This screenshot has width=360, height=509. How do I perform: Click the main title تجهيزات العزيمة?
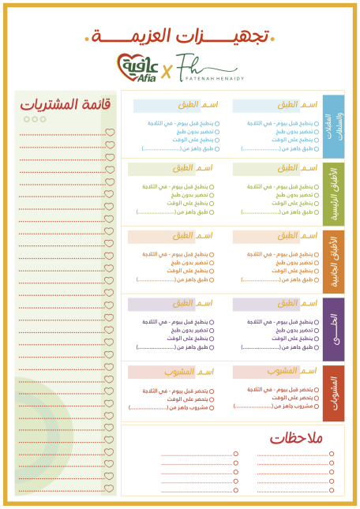(x=180, y=36)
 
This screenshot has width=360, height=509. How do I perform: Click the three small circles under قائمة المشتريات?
(x=35, y=119)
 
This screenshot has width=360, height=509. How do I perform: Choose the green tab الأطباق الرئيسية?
(x=334, y=192)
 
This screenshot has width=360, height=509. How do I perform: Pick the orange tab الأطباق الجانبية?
(x=334, y=260)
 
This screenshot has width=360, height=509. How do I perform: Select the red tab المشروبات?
(x=334, y=393)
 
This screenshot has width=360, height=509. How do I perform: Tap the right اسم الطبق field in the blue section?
(x=276, y=105)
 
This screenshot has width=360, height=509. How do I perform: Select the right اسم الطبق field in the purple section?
(x=276, y=304)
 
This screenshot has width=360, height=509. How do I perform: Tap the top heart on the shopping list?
(x=111, y=133)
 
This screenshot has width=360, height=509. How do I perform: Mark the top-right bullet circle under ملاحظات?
(x=332, y=454)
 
